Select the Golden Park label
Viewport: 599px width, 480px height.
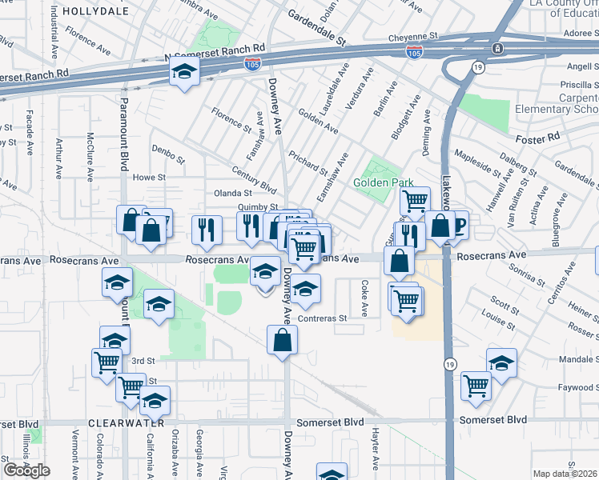(384, 182)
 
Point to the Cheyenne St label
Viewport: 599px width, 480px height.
(413, 37)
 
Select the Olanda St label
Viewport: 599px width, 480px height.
(233, 193)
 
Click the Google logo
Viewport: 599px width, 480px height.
(26, 471)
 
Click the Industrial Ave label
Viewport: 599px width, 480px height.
(54, 26)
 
